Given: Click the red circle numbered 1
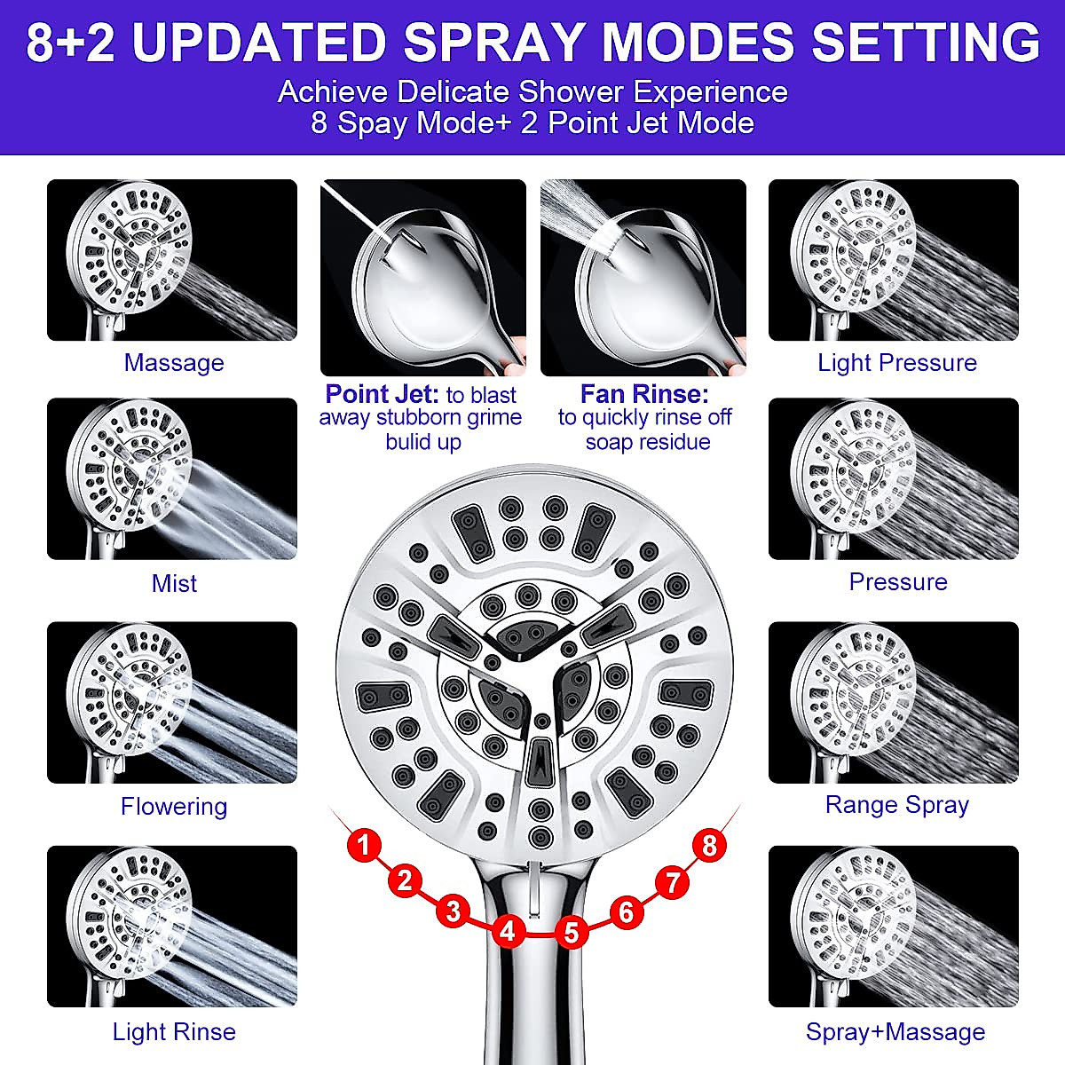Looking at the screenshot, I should [364, 844].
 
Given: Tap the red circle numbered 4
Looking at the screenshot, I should [507, 931].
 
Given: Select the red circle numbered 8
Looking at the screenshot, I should [708, 845].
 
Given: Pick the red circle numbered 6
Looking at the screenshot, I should [627, 911].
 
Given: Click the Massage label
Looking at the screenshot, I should [174, 362].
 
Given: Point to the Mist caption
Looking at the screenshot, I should [174, 583].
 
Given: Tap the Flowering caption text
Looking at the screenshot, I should [174, 806].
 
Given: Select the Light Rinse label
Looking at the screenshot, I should [174, 1031].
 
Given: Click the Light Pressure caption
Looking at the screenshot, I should [896, 362].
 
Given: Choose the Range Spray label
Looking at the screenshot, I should [896, 804].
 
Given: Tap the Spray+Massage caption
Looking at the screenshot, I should [895, 1031].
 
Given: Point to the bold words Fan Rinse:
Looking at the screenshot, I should [644, 393].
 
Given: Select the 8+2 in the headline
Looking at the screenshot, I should [71, 42].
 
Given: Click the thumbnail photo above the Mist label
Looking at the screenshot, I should [172, 478].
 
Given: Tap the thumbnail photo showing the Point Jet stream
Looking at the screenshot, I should [422, 277].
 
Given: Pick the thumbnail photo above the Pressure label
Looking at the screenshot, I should [893, 478].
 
